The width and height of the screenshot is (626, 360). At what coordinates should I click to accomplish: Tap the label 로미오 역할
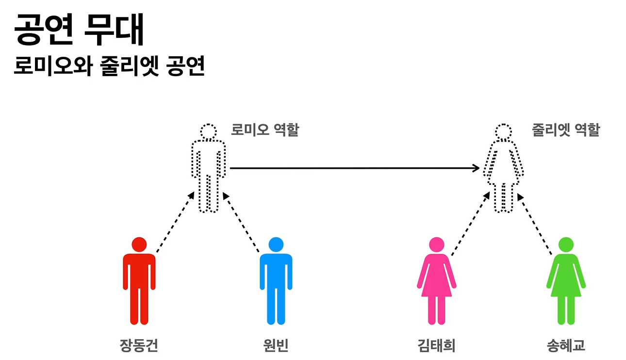pos(264,130)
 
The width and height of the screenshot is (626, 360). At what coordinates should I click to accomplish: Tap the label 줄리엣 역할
pos(566,130)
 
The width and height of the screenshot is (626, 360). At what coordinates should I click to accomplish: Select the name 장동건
pos(139,345)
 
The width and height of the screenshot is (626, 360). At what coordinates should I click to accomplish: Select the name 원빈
pos(275,345)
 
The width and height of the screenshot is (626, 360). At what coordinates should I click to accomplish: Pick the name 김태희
pos(436,345)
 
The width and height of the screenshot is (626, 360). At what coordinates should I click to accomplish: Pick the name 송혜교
pos(565,345)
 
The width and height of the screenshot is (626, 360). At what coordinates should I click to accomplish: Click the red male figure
pos(139,286)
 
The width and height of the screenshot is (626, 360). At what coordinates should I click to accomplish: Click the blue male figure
pos(276,286)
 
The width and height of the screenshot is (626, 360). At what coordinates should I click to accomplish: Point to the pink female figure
pos(436,286)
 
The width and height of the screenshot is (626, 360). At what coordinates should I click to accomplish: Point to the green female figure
pos(566,286)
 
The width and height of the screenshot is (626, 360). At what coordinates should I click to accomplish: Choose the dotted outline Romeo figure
pos(209,170)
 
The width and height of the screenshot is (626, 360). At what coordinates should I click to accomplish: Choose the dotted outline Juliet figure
pos(503,170)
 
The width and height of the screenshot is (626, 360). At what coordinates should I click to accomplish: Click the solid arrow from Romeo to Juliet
pos(354,168)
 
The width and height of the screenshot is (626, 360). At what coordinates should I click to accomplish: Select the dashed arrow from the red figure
pos(175,222)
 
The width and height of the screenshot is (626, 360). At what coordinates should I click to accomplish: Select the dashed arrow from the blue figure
pos(241,222)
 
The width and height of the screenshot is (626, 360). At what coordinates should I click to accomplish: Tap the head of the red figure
pos(139,245)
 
